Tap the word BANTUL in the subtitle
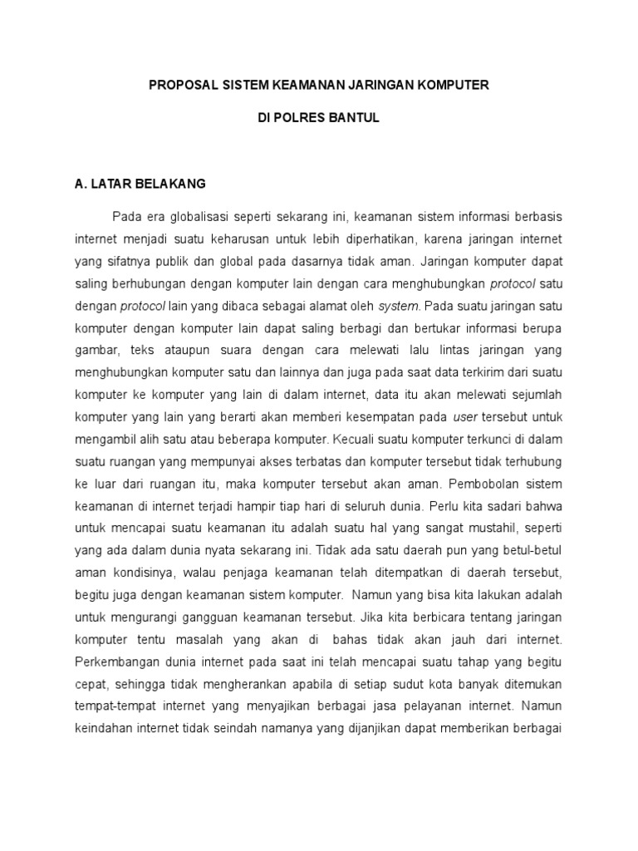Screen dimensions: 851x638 tap(354, 118)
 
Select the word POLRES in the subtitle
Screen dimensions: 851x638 tap(301, 118)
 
